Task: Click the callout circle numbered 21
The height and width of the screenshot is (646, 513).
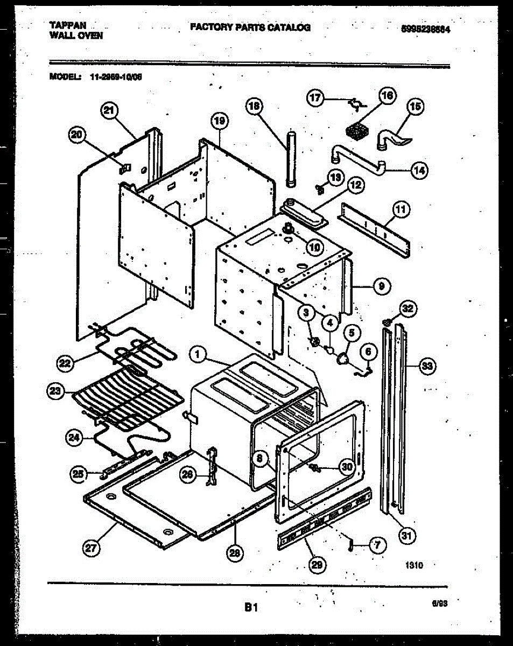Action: tap(109, 111)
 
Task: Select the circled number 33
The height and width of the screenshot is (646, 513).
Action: tap(427, 367)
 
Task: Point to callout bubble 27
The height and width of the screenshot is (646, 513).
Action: tap(91, 548)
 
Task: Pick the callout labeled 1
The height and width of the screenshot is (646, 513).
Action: tap(198, 354)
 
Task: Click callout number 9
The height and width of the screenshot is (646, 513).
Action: tap(381, 286)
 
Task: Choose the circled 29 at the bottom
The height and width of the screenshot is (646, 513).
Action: tap(317, 564)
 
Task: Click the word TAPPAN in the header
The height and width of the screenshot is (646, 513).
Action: tap(68, 25)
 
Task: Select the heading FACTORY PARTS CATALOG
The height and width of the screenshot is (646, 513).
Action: tap(250, 27)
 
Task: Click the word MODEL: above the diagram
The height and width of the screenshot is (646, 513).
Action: tap(65, 76)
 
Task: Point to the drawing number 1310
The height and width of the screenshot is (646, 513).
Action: tap(413, 565)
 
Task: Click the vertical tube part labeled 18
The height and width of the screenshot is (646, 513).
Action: tap(292, 159)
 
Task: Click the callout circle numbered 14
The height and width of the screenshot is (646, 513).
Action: tap(418, 170)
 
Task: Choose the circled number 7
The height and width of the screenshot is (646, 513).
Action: tap(377, 545)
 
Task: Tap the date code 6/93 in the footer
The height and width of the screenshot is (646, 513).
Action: tap(440, 604)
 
